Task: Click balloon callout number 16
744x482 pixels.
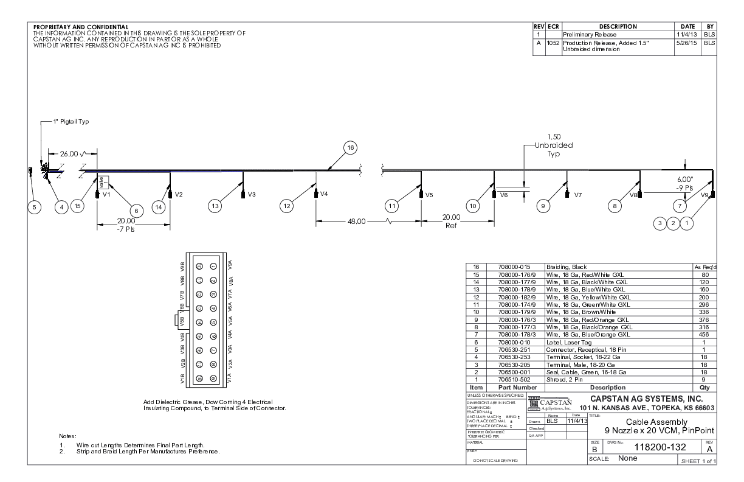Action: tap(349, 148)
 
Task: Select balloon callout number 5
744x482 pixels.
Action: tap(35, 207)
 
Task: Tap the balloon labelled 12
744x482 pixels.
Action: tap(286, 206)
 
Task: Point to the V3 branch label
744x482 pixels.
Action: tap(252, 195)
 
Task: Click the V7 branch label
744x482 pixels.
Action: tap(578, 195)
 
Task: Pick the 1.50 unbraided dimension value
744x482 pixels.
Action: tap(553, 137)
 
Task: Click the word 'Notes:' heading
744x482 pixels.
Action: tap(67, 436)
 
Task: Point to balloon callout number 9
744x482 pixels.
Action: tap(542, 206)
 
